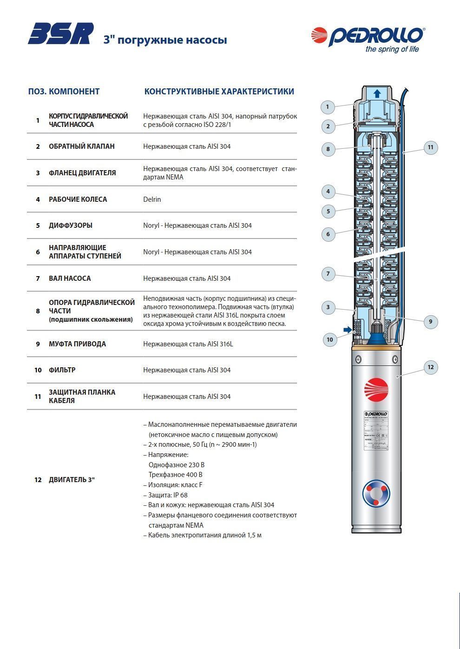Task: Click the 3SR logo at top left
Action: pos(60,34)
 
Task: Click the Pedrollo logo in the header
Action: pos(368,36)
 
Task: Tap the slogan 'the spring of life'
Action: pos(392,49)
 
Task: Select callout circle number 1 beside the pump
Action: pos(328,107)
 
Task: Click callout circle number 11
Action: pos(430,148)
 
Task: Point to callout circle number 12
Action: pos(430,367)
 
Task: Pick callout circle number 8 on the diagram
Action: pos(328,149)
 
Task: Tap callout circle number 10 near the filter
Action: pos(329,339)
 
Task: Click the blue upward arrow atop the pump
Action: pos(377,93)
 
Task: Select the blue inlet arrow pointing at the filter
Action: pos(347,330)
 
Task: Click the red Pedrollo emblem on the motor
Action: pos(376,390)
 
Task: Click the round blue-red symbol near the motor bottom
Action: pos(376,493)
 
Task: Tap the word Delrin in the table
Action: pos(152,199)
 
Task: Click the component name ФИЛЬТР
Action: pos(62,370)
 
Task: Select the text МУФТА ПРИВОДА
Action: pos(77,344)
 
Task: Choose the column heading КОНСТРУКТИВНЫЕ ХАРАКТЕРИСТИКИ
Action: pos(219,92)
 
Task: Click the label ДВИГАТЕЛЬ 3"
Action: pos(72,480)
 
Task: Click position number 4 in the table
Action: pos(38,199)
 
